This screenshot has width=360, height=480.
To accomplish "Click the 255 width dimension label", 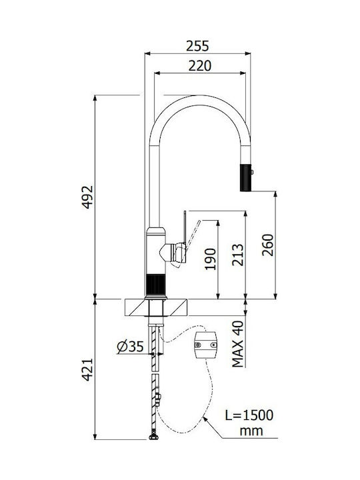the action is pyautogui.click(x=197, y=46).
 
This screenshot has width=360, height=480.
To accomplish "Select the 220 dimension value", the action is pyautogui.click(x=199, y=66).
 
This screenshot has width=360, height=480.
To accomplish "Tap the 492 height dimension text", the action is pyautogui.click(x=87, y=197).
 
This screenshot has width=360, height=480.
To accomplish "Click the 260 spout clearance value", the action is pyautogui.click(x=268, y=245).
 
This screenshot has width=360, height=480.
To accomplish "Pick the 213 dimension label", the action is pyautogui.click(x=238, y=255).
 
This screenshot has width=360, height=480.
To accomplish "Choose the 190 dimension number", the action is pyautogui.click(x=210, y=259).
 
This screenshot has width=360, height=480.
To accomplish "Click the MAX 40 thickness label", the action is pyautogui.click(x=238, y=344).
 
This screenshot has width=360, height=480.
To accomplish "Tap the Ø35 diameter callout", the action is pyautogui.click(x=131, y=347).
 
